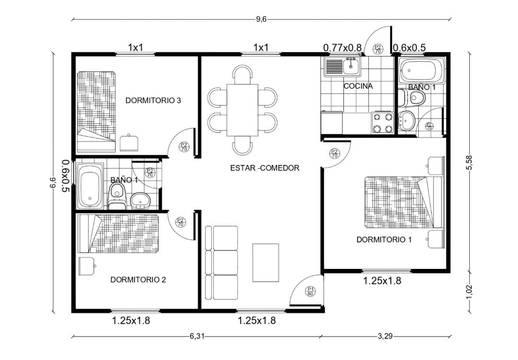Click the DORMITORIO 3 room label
pos(153,100)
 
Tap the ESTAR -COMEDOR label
pos(265,168)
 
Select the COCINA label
pos(358,86)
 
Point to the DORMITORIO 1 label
pos(384,240)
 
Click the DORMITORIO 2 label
pos(138,280)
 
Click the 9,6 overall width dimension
pos(261,19)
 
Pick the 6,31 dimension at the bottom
pos(197,336)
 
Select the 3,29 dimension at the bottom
pos(385,336)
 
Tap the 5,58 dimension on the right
pos(469,163)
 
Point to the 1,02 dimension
pos(469,292)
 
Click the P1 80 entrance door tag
pos(310,291)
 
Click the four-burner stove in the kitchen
pos(383,123)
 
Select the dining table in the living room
pos(243,110)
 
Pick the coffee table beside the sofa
pos(266,263)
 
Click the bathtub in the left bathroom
pos(89,186)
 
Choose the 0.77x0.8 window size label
pos(342,48)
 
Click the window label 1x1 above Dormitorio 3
pos(135,47)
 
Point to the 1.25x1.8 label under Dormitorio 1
pos(382,281)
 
